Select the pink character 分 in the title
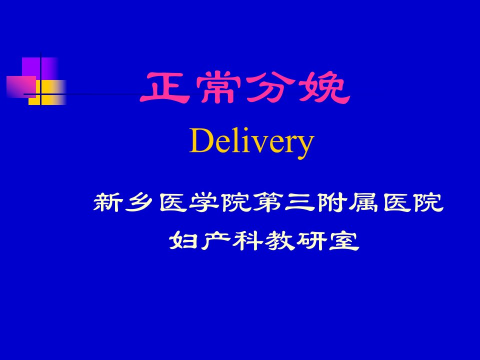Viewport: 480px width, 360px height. point(269,87)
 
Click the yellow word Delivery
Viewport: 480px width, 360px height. point(251,141)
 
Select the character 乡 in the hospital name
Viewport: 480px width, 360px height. point(139,202)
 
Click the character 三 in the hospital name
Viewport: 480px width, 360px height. point(300,202)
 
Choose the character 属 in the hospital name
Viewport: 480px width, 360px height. point(364,202)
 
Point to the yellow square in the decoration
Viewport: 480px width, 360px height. point(47,92)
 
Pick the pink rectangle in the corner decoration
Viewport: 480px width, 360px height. point(21,86)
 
